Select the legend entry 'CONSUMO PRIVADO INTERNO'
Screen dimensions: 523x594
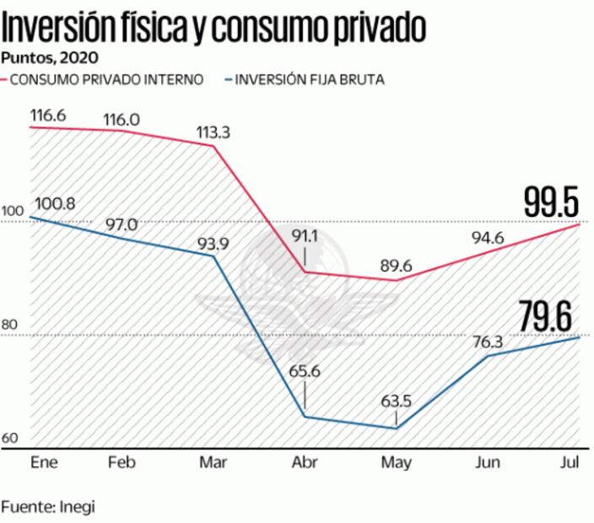pyautogui.click(x=106, y=80)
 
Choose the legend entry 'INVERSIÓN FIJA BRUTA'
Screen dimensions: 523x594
pyautogui.click(x=309, y=80)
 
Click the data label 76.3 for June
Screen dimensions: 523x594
pyautogui.click(x=489, y=342)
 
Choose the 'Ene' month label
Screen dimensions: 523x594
pyautogui.click(x=43, y=462)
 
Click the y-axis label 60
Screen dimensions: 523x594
pyautogui.click(x=10, y=439)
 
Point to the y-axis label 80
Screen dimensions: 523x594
pyautogui.click(x=10, y=324)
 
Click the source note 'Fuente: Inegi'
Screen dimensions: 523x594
pyautogui.click(x=48, y=507)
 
